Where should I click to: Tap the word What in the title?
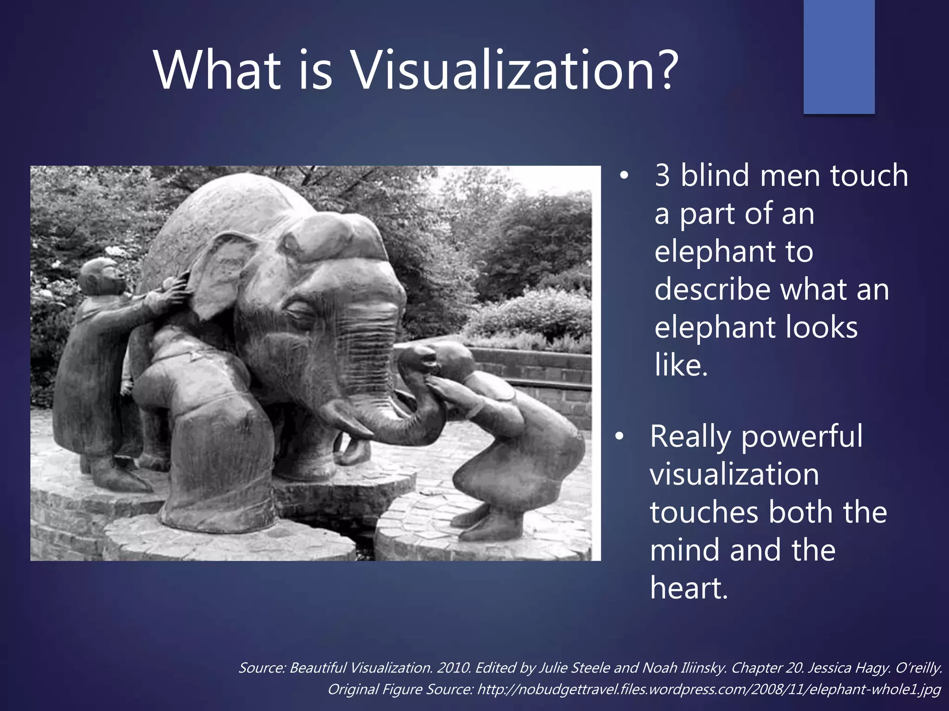pyautogui.click(x=218, y=70)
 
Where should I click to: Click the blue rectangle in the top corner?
pyautogui.click(x=839, y=56)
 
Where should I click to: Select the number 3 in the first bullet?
pyautogui.click(x=662, y=176)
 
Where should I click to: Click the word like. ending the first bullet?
pyautogui.click(x=681, y=366)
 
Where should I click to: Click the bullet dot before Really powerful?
pyautogui.click(x=620, y=437)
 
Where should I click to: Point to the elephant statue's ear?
pyautogui.click(x=222, y=273)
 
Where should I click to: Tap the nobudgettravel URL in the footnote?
pyautogui.click(x=709, y=690)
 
